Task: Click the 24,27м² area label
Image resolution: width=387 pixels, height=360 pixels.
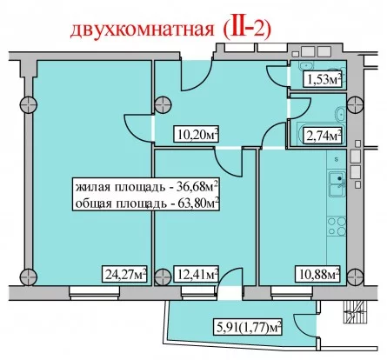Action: pos(124,274)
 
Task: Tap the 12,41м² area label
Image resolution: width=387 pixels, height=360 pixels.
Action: pos(196,274)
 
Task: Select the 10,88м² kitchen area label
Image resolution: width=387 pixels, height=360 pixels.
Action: pos(317,274)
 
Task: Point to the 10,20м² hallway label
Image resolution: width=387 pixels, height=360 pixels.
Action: pos(196,134)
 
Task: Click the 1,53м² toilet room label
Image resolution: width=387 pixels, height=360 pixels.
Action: pos(322,79)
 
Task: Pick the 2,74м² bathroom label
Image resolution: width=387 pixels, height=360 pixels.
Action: pos(322,135)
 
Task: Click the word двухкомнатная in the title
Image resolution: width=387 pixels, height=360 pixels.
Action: pos(142,30)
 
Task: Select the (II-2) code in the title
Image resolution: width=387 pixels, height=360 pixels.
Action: pos(247,29)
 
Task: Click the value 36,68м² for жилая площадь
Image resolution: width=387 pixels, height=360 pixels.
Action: pos(197,187)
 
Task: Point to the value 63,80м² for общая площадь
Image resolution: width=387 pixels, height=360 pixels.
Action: pos(197,203)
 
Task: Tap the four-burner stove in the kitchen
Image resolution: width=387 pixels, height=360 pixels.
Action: pos(337,226)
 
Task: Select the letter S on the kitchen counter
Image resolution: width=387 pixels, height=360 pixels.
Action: pos(337,159)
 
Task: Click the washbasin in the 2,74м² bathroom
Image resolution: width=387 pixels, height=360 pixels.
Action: pos(340,114)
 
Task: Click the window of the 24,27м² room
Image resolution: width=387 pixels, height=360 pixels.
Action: pos(95,293)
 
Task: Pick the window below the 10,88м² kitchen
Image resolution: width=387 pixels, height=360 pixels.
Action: pos(292,293)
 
